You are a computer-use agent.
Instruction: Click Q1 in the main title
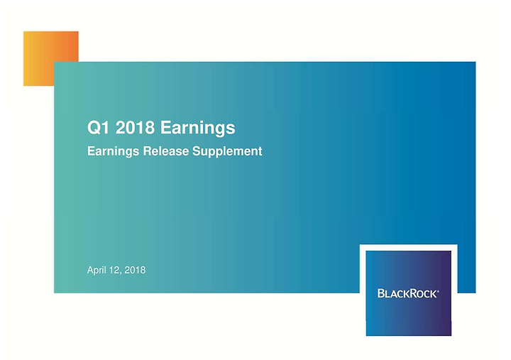[x=98, y=128]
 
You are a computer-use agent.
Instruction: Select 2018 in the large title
[x=135, y=127]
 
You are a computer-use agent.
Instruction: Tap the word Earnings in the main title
[x=197, y=128]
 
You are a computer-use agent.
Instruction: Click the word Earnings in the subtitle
[x=113, y=152]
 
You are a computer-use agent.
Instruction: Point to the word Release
[x=166, y=151]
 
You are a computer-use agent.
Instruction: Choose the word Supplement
[x=227, y=152]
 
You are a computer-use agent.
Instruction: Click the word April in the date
[x=97, y=271]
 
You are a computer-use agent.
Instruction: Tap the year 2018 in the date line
[x=135, y=270]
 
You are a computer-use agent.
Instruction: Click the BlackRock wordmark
[x=408, y=293]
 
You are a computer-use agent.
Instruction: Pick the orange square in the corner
[x=51, y=58]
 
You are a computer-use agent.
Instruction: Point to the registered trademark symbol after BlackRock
[x=437, y=291]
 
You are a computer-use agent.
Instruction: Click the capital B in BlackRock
[x=381, y=293]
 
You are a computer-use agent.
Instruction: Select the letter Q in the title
[x=94, y=128]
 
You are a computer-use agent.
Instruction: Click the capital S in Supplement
[x=196, y=151]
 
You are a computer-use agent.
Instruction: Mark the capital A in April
[x=90, y=270]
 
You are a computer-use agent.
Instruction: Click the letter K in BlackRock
[x=405, y=294]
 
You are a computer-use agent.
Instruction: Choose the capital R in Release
[x=147, y=151]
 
